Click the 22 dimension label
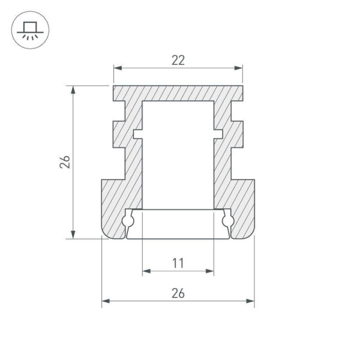tap(178, 59)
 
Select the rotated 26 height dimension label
tap(65, 162)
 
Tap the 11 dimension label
tap(178, 263)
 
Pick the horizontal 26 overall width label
tap(178, 293)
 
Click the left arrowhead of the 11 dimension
tap(146, 271)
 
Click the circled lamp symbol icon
tap(27, 30)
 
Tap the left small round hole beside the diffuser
tap(128, 221)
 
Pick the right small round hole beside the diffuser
tap(227, 221)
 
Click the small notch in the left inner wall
tap(137, 134)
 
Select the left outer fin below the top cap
tap(119, 134)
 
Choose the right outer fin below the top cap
tap(238, 134)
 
